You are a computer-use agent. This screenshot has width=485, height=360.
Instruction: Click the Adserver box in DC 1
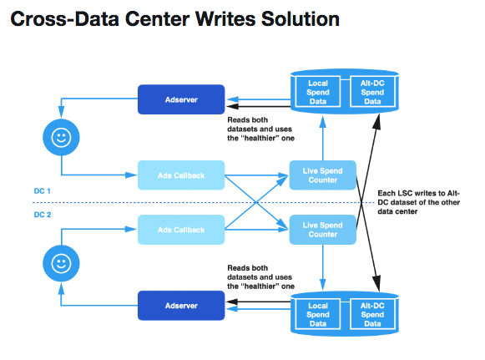tap(181, 99)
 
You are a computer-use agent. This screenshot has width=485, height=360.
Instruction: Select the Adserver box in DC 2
tap(181, 306)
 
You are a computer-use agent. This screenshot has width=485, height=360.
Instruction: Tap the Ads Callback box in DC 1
tap(181, 175)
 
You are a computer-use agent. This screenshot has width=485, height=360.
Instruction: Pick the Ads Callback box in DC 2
tap(181, 230)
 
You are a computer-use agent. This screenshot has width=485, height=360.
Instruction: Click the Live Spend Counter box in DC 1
tap(322, 175)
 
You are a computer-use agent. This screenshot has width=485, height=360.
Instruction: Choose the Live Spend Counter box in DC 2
tap(322, 230)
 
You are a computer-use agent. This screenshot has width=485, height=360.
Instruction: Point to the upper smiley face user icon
tap(61, 137)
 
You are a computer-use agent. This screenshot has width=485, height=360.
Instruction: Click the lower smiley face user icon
tap(61, 263)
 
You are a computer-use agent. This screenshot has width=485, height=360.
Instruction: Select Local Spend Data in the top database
tap(318, 92)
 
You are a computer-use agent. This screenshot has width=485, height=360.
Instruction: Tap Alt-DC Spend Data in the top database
tap(372, 92)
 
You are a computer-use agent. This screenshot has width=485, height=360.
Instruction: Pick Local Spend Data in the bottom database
tap(318, 314)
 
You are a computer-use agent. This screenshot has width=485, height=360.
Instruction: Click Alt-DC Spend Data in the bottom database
tap(372, 314)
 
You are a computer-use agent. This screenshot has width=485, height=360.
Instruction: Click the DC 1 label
tap(42, 191)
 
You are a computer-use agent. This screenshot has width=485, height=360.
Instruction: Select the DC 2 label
tap(42, 215)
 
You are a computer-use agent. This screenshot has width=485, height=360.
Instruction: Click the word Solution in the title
tap(301, 19)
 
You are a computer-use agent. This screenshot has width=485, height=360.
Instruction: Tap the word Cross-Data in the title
tap(64, 19)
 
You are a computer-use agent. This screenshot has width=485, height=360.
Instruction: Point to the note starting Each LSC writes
tap(418, 202)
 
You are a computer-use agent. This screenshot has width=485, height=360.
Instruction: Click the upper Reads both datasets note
tap(260, 129)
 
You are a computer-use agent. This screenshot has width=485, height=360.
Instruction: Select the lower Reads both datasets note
tap(260, 276)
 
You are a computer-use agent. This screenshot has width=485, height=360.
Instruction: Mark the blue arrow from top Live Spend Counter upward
tap(322, 138)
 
